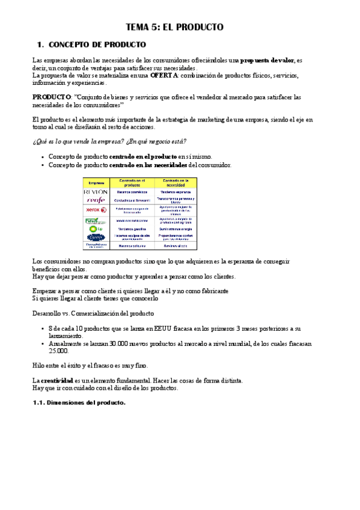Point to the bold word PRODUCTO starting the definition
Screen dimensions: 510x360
pos(51,97)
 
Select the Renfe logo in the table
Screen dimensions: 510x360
pos(96,200)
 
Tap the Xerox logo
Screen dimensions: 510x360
pos(96,210)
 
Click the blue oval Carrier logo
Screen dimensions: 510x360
pos(96,237)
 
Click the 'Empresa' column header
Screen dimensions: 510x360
pos(96,182)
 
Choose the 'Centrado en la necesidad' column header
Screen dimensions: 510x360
pos(175,182)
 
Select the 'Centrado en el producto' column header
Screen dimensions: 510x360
pos(132,182)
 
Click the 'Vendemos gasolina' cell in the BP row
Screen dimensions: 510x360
pos(132,229)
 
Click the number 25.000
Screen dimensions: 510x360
pos(59,351)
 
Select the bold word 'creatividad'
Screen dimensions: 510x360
pos(56,381)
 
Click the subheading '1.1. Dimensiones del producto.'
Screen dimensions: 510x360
pos(79,403)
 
